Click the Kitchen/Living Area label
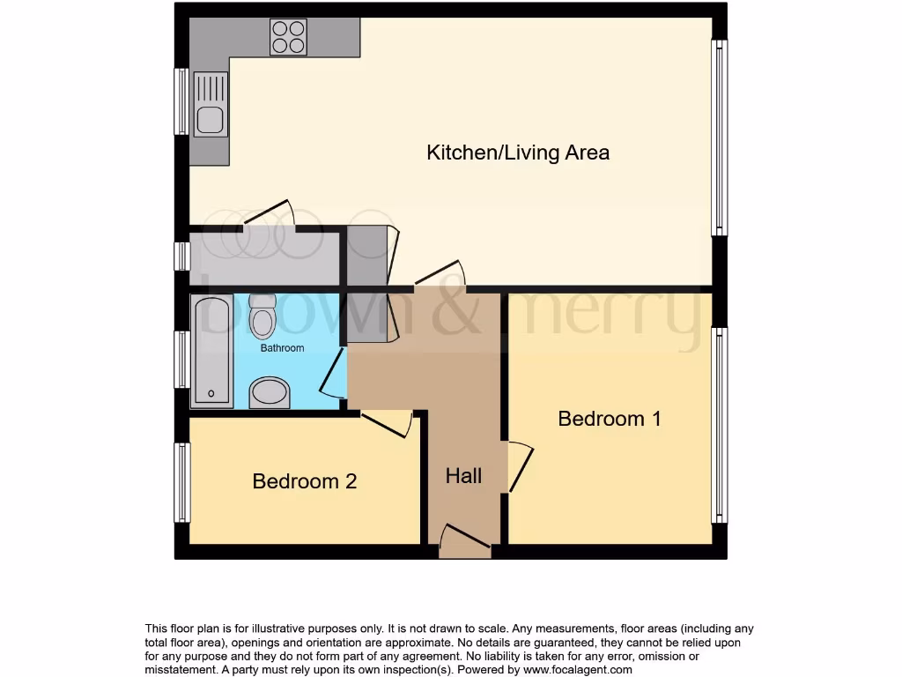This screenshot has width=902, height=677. pos(518,153)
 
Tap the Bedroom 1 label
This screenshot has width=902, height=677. pos(610,419)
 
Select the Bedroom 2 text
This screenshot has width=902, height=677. pos(304,481)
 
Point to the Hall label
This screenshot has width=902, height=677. pos(463,476)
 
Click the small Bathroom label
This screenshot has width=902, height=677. pos(282,348)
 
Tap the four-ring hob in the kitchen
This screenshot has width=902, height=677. pos(288,37)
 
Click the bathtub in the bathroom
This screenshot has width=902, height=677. pos(212,351)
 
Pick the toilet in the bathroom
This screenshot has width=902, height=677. pos(262,318)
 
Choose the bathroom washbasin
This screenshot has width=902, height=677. pos(270,393)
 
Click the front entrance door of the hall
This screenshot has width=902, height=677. pos(464,540)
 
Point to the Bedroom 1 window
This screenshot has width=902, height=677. pos(720,425)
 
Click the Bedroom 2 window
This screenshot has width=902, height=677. pos(182,482)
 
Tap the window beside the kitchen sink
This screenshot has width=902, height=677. pos(181,100)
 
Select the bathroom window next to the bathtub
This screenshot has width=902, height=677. pos(181,359)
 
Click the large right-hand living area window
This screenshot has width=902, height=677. pos(720,138)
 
